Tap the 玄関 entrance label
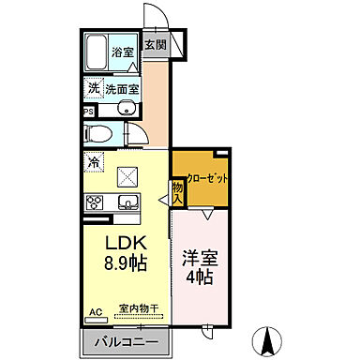(155, 45)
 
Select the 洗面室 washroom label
(122, 89)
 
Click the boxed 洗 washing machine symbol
(93, 88)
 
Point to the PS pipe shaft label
(88, 111)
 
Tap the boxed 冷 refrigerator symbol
(95, 162)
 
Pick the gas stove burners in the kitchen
(94, 202)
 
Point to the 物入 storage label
(177, 192)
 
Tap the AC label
(95, 310)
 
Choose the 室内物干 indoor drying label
(139, 307)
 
